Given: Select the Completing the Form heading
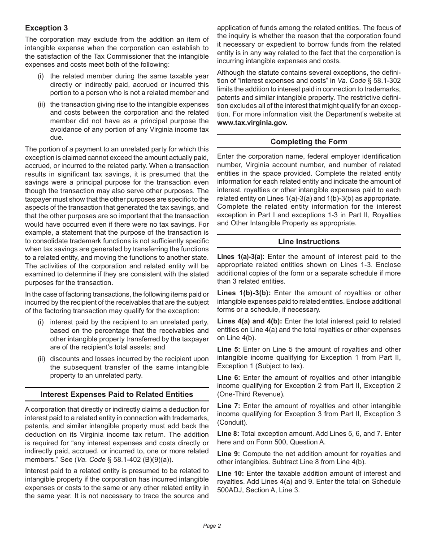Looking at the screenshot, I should pos(309,142).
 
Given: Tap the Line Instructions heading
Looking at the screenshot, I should pos(309,241).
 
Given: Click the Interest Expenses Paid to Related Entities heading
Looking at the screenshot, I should pos(117,394).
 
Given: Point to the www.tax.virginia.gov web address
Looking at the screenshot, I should pos(252,122).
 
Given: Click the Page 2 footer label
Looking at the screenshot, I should pos(212,526).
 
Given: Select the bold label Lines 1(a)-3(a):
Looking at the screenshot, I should pos(241,257).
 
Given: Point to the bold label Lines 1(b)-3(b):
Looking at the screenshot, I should pos(241,293).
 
